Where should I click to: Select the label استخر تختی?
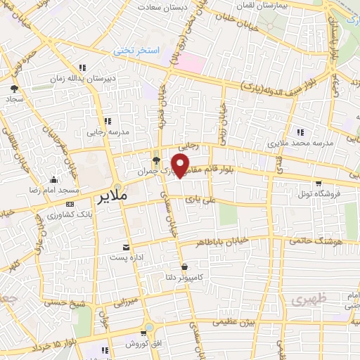(x=141, y=51)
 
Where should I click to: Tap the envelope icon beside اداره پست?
(x=126, y=247)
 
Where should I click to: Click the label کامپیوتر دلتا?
(x=200, y=277)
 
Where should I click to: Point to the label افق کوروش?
(x=140, y=344)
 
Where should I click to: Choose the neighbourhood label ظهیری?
(x=307, y=298)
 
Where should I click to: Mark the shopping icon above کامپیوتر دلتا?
(x=184, y=266)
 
